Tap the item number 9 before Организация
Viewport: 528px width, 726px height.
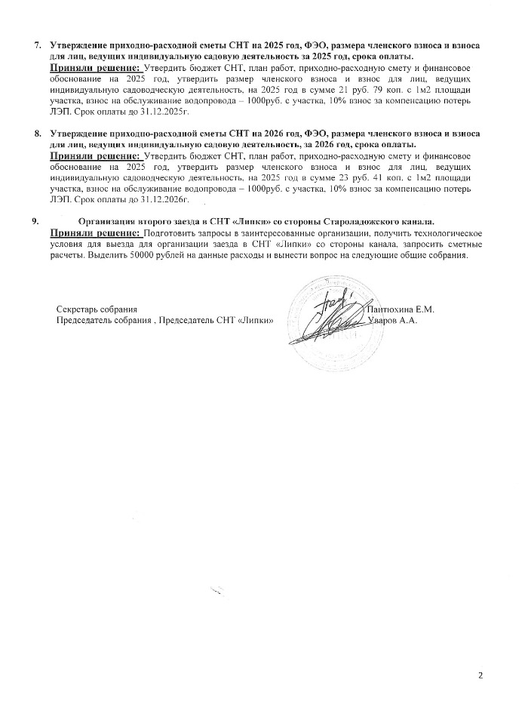pos(33,221)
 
